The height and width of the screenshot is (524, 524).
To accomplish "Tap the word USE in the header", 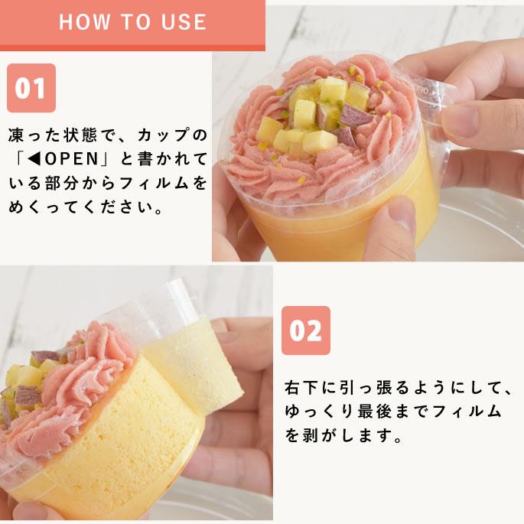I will coord(181,21).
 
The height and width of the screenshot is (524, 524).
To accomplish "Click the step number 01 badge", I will coord(31,88).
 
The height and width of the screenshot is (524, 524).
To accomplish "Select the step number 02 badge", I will coord(305,330).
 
